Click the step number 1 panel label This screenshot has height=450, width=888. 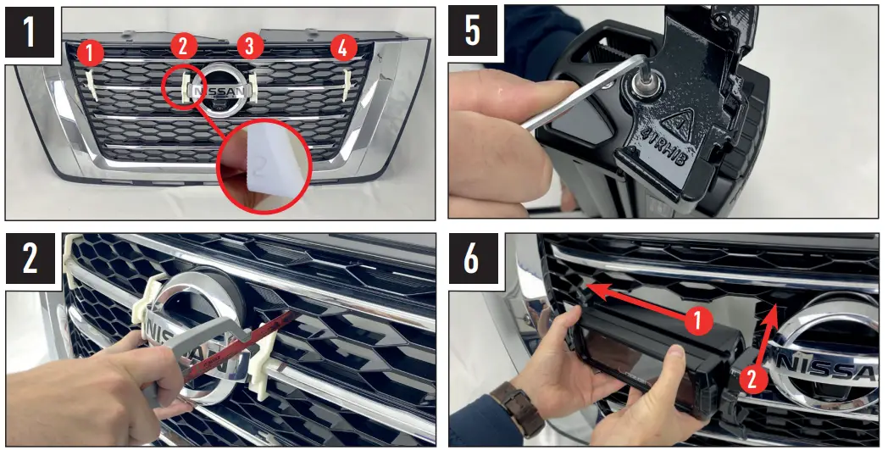(30, 31)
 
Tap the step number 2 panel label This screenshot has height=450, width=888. (30, 258)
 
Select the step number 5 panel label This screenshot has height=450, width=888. (472, 31)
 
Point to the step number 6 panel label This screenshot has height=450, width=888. (472, 258)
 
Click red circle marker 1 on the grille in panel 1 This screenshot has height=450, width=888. (91, 54)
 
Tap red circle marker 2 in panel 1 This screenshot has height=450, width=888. (183, 47)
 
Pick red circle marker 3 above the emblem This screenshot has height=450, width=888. (249, 47)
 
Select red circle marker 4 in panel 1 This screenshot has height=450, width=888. (341, 49)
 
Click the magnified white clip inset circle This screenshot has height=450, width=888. (262, 166)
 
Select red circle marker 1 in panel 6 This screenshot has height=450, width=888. (697, 322)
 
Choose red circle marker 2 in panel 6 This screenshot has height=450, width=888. (752, 379)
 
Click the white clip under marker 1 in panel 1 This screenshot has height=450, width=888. (92, 83)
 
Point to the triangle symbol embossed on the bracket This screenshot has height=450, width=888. (679, 120)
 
